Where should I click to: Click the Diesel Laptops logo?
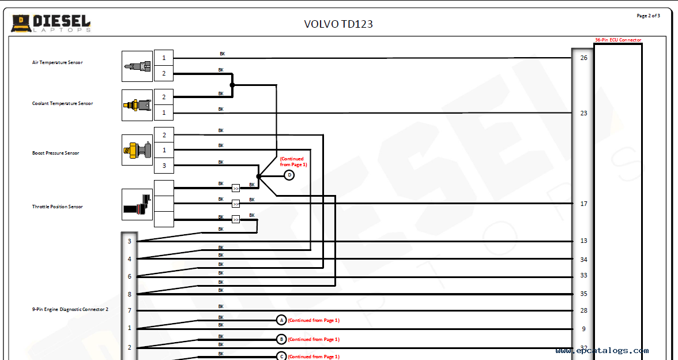click(x=51, y=23)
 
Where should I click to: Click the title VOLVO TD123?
click(x=338, y=24)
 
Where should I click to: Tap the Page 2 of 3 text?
click(x=648, y=16)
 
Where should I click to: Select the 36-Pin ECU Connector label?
click(x=617, y=40)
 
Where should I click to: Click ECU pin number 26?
click(x=583, y=58)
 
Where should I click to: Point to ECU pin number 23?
click(x=583, y=113)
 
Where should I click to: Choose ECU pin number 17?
click(x=583, y=204)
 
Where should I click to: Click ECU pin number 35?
click(x=583, y=294)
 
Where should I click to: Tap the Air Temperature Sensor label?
click(x=57, y=62)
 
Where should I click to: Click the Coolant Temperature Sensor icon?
click(x=137, y=105)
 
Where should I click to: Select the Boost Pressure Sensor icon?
click(x=137, y=150)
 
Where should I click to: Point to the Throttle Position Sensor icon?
click(x=137, y=204)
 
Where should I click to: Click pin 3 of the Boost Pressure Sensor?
click(x=164, y=166)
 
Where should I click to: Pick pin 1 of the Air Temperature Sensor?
click(x=164, y=58)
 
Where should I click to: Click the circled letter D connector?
click(x=289, y=175)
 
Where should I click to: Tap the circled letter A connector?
click(x=281, y=320)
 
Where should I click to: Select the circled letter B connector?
click(x=281, y=339)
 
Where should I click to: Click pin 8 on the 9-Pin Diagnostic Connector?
click(x=129, y=294)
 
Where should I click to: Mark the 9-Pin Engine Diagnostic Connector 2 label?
click(x=70, y=310)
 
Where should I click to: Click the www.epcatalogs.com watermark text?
click(x=602, y=350)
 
